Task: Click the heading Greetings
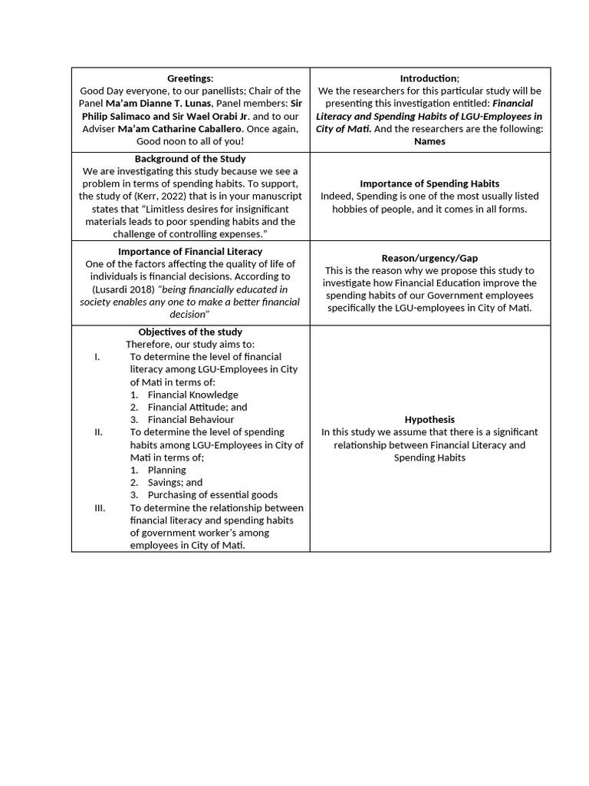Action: tap(190, 78)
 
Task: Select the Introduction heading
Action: tap(429, 78)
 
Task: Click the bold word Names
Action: tap(429, 141)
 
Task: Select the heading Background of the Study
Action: tap(190, 158)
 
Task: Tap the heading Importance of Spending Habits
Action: tap(429, 183)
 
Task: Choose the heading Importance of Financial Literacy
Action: tap(190, 251)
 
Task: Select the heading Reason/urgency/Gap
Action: tap(429, 258)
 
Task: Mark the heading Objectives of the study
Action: tap(190, 332)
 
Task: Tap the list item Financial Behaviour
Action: tap(191, 420)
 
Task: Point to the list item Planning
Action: tap(166, 470)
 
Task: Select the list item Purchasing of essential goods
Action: tap(212, 495)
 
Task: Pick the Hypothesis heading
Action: tap(429, 420)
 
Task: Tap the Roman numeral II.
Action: tap(98, 432)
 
